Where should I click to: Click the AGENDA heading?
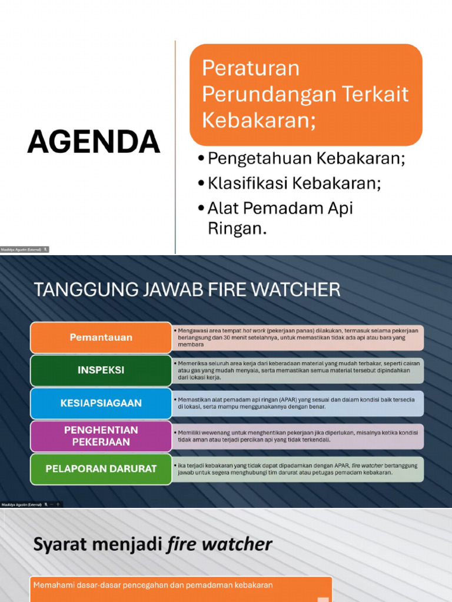click(x=94, y=142)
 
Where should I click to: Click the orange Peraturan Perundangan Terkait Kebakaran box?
click(x=305, y=94)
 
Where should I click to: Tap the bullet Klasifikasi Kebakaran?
click(x=294, y=183)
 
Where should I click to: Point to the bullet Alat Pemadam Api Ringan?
click(x=280, y=217)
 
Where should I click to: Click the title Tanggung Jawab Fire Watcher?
click(x=187, y=289)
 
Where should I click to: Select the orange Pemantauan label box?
click(x=101, y=337)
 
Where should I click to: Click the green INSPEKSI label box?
click(x=101, y=370)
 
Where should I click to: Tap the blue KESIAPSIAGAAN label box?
click(x=101, y=403)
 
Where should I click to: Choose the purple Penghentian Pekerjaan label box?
click(x=101, y=436)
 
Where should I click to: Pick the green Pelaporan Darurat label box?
click(x=101, y=469)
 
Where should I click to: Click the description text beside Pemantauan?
click(x=297, y=337)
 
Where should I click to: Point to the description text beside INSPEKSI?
click(x=297, y=370)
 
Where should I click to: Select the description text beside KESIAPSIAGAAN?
click(x=297, y=403)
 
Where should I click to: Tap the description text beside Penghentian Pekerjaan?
click(x=297, y=436)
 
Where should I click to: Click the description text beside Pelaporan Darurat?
click(x=297, y=469)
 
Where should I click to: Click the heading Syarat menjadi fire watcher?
click(x=152, y=544)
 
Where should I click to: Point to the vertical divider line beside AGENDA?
click(x=175, y=147)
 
